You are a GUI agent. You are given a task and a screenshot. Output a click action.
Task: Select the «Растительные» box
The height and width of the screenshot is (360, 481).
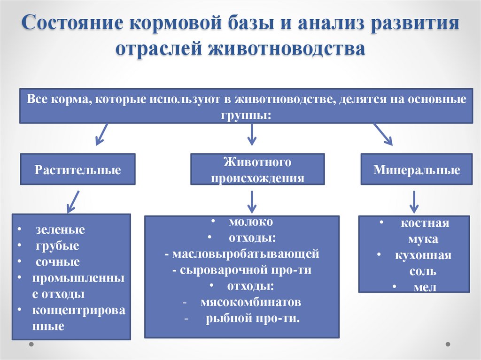[78, 169]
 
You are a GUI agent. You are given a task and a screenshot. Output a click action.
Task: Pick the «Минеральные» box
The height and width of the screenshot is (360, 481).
[416, 169]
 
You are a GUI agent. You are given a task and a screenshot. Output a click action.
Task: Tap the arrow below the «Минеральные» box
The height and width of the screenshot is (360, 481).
[414, 201]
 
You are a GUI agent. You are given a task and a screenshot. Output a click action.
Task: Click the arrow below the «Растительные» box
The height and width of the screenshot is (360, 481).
[73, 201]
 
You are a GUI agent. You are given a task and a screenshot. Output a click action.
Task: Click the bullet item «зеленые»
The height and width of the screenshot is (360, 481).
[60, 230]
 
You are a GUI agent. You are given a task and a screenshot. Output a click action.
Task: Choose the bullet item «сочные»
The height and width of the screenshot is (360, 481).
[57, 262]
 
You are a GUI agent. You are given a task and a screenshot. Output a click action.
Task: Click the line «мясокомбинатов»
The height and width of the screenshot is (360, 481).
[250, 302]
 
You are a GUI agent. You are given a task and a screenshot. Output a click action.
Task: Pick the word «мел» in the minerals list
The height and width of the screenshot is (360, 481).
[425, 287]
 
